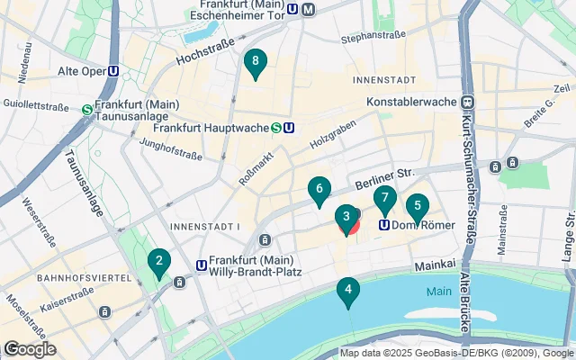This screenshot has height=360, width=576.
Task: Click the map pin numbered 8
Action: click(256, 62)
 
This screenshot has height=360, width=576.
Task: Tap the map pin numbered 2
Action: click(159, 263)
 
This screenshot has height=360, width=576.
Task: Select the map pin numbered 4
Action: click(347, 291)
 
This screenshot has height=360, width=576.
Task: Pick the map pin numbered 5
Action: click(417, 205)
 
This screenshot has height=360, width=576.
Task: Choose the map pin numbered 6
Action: click(318, 190)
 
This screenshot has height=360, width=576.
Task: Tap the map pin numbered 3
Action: click(346, 218)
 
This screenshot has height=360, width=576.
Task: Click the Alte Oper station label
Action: click(75, 71)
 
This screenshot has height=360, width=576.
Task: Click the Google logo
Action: click(29, 349)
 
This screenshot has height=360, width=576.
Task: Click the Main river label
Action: click(439, 292)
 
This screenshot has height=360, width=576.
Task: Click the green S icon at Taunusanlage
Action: click(87, 110)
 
